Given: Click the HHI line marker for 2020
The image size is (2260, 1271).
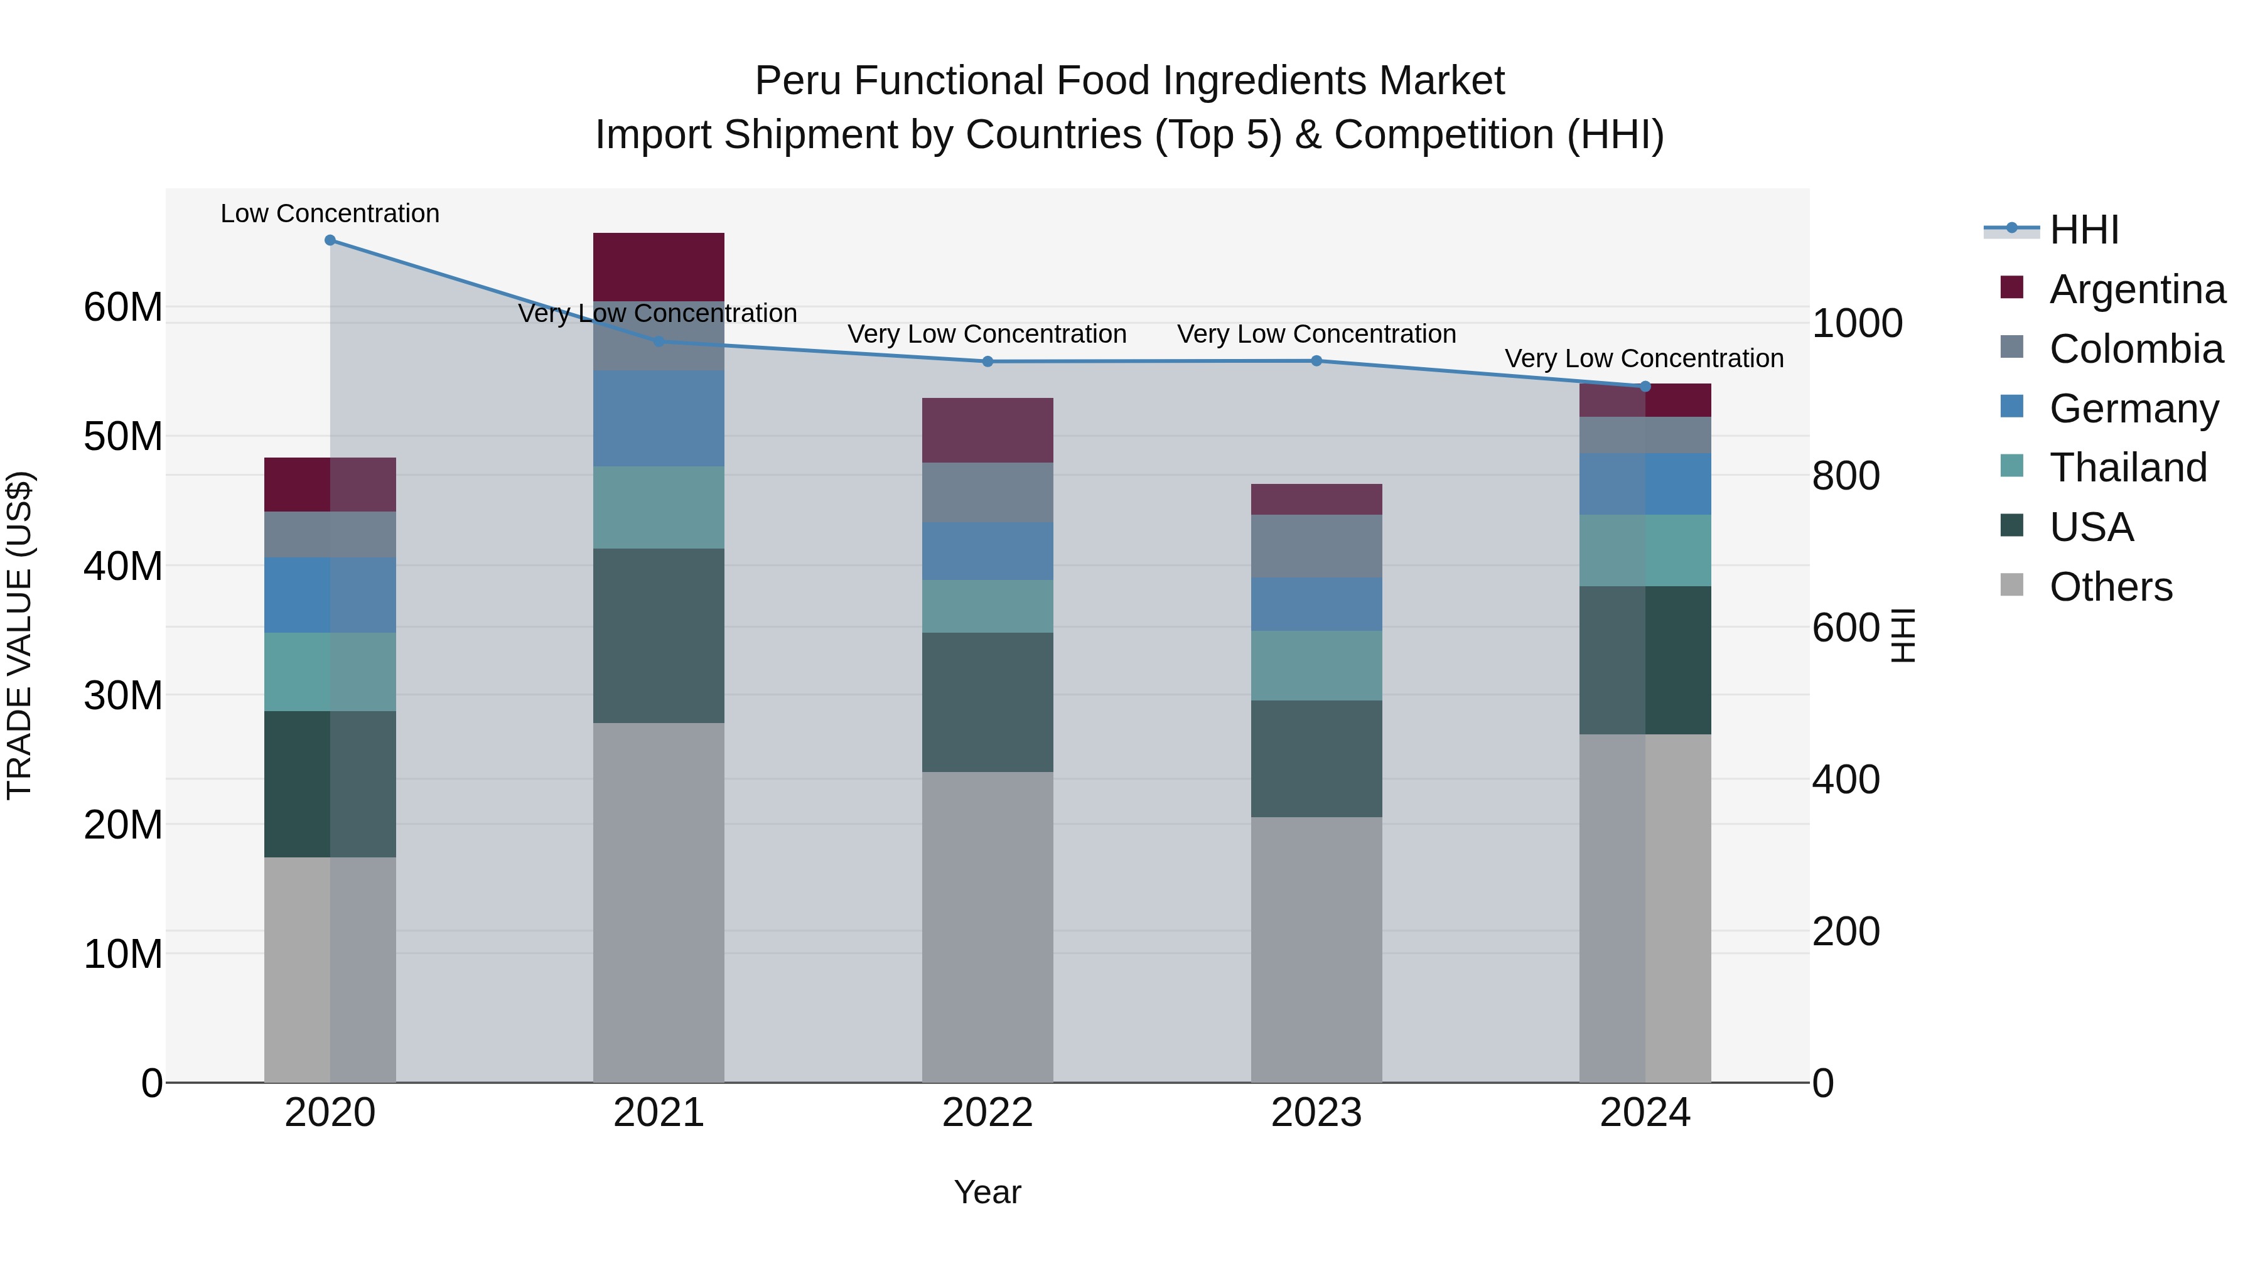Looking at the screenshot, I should tap(330, 240).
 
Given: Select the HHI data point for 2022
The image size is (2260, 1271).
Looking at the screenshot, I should tap(987, 362).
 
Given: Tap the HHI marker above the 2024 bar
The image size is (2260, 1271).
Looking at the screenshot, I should tap(1645, 387).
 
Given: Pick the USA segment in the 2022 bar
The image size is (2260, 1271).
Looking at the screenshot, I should tap(987, 702).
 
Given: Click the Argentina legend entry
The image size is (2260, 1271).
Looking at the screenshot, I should tap(2136, 289).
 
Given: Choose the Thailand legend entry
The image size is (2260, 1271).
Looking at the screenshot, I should tap(2128, 468).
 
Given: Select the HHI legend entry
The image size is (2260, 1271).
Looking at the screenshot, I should tap(2084, 230).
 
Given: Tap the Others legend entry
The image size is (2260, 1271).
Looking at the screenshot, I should tap(2110, 587).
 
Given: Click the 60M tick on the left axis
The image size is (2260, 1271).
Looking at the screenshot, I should tap(123, 308).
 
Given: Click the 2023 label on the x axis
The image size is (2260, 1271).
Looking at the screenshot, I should tap(1316, 1113).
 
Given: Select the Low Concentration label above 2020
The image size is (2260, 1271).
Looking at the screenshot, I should tap(330, 213).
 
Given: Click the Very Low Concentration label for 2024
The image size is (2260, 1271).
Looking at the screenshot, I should tap(1644, 359).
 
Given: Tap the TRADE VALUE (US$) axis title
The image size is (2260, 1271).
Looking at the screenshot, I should tap(19, 635).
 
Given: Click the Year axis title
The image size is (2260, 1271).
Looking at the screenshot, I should tap(987, 1192).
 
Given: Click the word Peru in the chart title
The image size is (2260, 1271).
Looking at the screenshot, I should tap(799, 81).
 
